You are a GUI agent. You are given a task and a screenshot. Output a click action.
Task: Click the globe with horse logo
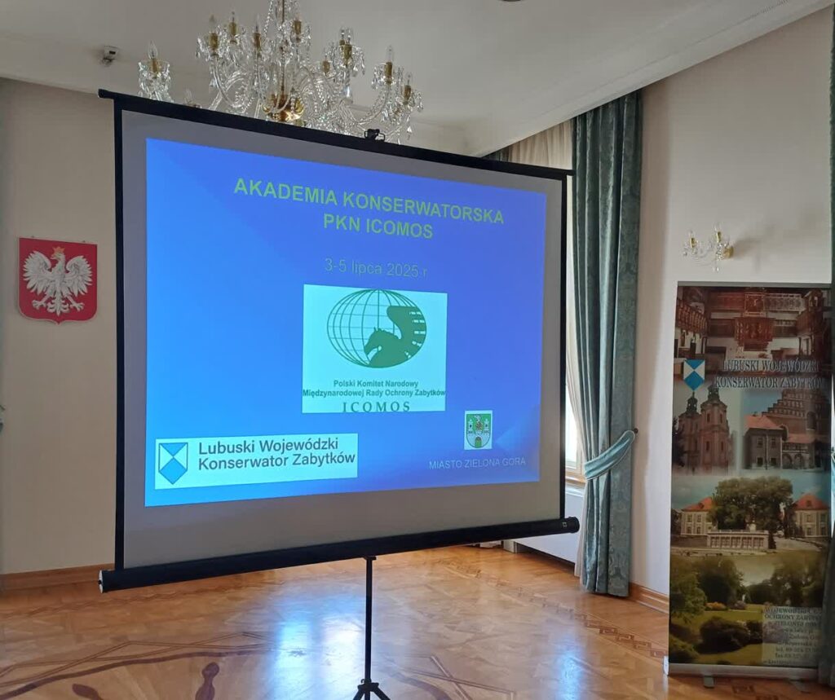[x=377, y=328]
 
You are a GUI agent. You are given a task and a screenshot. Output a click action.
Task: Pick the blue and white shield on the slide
[x=173, y=463]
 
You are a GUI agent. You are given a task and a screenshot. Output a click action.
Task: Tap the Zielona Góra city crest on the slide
[x=478, y=429]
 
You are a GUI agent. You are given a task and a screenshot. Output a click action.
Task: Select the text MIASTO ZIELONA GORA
[x=477, y=463]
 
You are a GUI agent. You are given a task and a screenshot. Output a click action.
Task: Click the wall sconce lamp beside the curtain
[x=709, y=248]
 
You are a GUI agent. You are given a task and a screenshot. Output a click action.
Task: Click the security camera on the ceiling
[x=108, y=55]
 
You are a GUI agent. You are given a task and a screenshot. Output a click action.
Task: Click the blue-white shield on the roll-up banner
[x=694, y=373]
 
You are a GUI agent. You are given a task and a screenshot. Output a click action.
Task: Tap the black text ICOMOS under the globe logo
[x=376, y=405]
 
